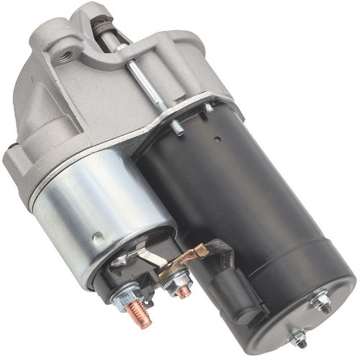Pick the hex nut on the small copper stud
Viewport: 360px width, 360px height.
175,283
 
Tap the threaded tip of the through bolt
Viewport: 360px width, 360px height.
176,129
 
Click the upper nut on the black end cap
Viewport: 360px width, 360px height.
320,303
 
